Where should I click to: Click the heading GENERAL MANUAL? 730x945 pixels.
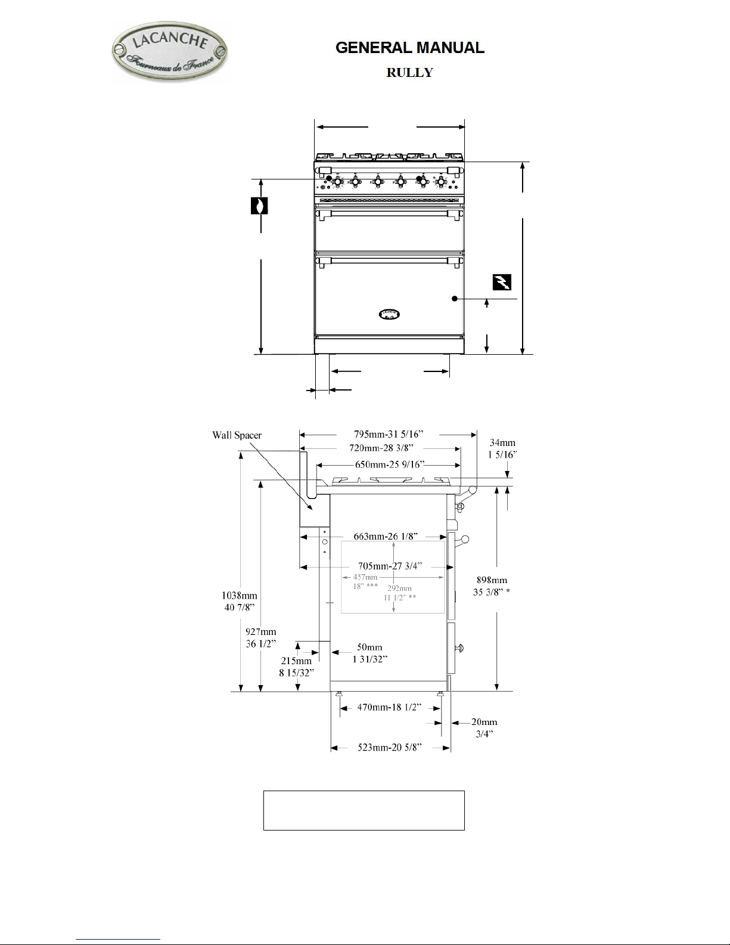[x=410, y=48]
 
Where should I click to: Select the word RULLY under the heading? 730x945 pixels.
[x=410, y=72]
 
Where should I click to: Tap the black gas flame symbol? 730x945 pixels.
[x=259, y=206]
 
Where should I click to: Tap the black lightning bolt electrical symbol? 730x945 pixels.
[x=502, y=282]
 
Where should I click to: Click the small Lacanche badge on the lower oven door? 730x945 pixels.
[x=389, y=314]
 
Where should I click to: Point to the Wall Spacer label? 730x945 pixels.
[x=237, y=435]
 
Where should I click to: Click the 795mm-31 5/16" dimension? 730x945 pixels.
[x=389, y=434]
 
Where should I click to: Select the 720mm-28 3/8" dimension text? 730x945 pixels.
[x=381, y=448]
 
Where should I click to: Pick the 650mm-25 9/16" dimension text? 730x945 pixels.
[x=390, y=464]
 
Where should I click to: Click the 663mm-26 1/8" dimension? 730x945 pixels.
[x=386, y=536]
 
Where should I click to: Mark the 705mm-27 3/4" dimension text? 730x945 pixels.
[x=390, y=566]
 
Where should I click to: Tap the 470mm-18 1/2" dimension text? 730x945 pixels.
[x=389, y=707]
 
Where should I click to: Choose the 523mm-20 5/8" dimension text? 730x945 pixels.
[x=390, y=747]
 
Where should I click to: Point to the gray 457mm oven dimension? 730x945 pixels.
[x=365, y=577]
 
